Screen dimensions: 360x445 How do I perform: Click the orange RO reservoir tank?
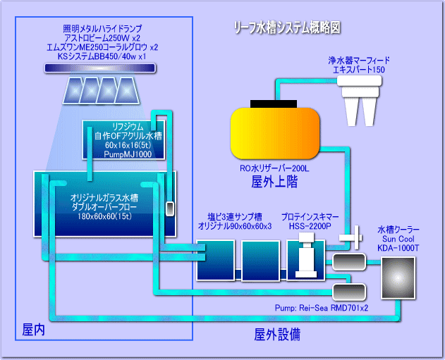(x=275, y=135)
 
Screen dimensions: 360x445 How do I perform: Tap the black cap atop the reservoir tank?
(x=274, y=103)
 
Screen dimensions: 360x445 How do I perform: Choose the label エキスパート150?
(x=359, y=70)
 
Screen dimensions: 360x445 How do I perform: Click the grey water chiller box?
(x=400, y=277)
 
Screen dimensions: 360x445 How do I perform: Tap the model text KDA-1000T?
(x=399, y=247)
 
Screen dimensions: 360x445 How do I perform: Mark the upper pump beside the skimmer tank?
(x=348, y=262)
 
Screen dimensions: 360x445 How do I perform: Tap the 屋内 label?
(x=34, y=328)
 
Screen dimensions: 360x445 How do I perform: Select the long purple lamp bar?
(x=99, y=68)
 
